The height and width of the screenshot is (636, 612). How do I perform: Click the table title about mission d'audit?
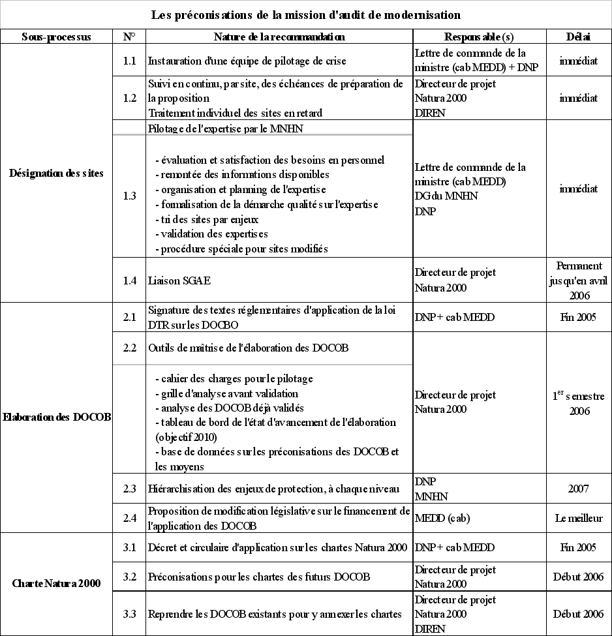306,14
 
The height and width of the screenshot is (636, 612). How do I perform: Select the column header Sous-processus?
56,37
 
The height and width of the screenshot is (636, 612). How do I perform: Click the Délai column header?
578,37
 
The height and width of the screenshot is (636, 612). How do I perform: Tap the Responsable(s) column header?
479,37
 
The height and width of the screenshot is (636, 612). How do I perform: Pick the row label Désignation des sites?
56,174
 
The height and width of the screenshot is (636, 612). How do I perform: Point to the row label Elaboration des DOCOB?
56,417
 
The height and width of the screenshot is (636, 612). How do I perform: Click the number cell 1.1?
129,61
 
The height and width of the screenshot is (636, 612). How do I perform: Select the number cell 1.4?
129,280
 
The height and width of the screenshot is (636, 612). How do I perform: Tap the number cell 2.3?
129,489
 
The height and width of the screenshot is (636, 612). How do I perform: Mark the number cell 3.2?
129,577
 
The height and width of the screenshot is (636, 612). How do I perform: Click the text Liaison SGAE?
179,280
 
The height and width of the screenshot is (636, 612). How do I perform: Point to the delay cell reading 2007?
578,489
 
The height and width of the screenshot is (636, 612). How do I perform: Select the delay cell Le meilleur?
578,519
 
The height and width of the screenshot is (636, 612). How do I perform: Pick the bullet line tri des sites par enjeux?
207,219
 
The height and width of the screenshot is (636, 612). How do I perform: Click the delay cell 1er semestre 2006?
578,403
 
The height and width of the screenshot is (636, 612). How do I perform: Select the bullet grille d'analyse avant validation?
226,393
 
